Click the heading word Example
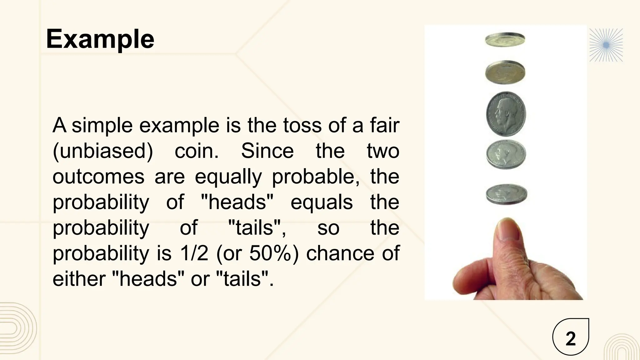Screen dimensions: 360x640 100,39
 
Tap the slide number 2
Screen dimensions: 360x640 571,339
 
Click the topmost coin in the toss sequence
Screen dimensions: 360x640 505,40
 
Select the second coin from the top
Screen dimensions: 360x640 505,72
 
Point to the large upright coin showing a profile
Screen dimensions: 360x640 506,114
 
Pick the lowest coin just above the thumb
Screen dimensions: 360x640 506,194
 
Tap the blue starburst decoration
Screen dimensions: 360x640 606,45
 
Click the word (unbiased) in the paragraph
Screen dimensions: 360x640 103,151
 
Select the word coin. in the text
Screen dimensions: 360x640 197,151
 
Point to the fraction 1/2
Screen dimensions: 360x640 194,253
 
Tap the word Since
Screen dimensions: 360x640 267,151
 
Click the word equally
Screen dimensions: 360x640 228,177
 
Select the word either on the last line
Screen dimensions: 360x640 79,279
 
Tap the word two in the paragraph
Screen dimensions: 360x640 383,151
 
